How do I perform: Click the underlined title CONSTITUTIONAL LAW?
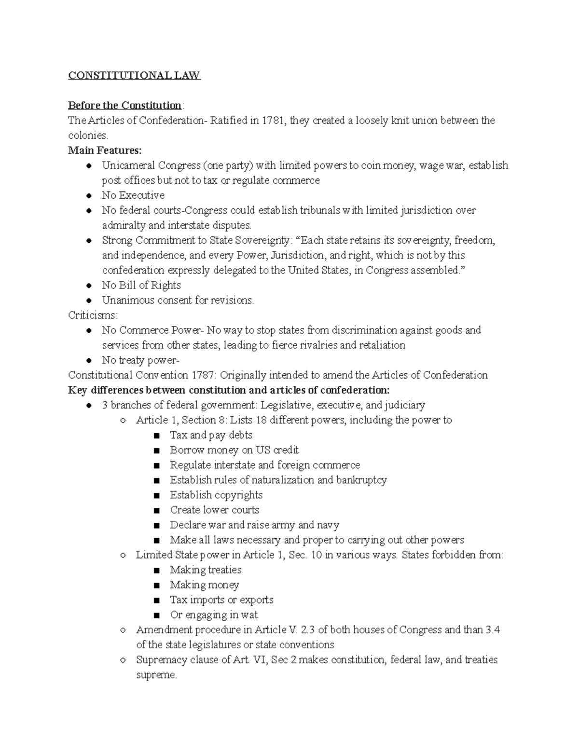point(134,76)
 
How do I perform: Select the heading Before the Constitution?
point(124,106)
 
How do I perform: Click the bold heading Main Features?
point(105,150)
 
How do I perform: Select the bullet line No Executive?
point(133,195)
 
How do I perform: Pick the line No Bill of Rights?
point(141,285)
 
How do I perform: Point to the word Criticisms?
point(93,315)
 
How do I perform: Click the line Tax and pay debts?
point(211,435)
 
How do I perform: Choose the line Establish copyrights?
point(216,495)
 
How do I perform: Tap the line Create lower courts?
point(214,510)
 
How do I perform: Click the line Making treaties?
point(206,570)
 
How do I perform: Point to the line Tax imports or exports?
point(221,599)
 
